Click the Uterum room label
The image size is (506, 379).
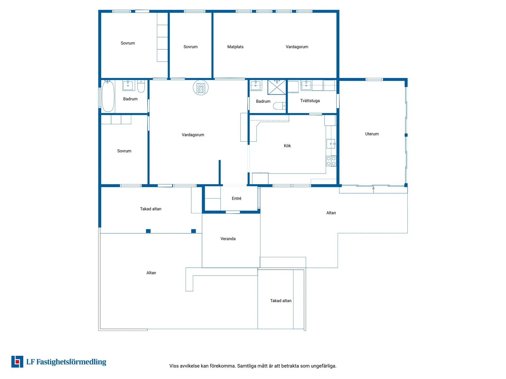click(x=372, y=134)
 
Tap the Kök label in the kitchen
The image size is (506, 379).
click(x=287, y=146)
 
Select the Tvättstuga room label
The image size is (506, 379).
click(x=310, y=101)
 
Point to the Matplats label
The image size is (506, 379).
click(x=235, y=47)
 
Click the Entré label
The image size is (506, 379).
click(x=236, y=198)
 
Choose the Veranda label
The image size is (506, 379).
click(x=228, y=238)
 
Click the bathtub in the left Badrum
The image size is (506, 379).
click(x=108, y=96)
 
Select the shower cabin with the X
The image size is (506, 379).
click(x=277, y=87)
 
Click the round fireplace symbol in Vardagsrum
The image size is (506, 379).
click(x=201, y=88)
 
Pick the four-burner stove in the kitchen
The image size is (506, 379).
click(x=331, y=161)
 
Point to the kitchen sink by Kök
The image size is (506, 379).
click(x=331, y=144)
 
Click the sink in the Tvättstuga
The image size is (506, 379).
click(x=306, y=85)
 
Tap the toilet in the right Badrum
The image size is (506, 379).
click(x=279, y=106)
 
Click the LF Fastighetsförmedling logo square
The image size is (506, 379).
click(x=17, y=362)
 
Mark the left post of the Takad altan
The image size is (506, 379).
click(x=148, y=231)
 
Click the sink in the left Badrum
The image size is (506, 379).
click(x=128, y=85)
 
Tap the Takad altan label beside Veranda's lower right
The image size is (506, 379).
click(x=281, y=301)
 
